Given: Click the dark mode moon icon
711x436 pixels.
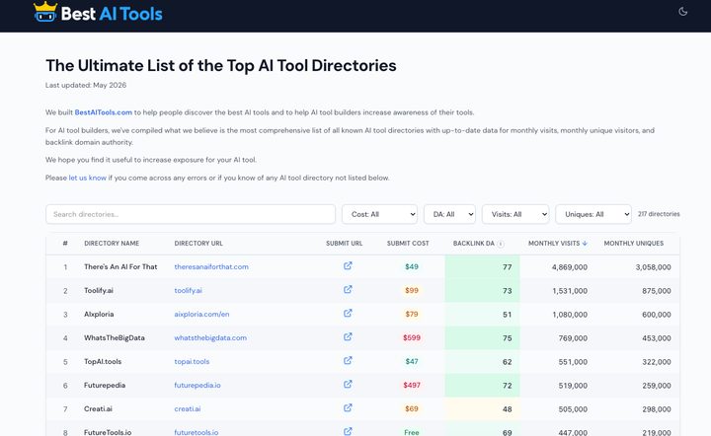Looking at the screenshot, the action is point(683,11).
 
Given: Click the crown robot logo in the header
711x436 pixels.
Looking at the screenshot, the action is point(45,12).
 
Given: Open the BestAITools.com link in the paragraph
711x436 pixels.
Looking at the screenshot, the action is point(104,112).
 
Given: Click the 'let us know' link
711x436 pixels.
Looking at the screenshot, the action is point(88,178).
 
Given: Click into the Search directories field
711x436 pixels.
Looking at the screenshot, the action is point(191,214).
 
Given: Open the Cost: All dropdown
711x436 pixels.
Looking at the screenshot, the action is point(379,214).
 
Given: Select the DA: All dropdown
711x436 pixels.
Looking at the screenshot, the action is point(449,214).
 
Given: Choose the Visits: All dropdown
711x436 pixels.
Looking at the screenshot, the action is point(515,214).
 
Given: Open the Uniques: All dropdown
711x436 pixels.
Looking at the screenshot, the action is point(593,214).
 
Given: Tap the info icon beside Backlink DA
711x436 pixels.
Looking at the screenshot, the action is point(501,244).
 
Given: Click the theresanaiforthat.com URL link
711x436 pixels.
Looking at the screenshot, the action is point(211,266).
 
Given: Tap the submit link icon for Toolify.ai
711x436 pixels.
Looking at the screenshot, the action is point(348,289).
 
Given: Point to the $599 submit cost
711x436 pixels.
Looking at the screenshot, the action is point(412,337).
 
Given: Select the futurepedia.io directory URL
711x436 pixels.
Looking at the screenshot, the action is point(197,386).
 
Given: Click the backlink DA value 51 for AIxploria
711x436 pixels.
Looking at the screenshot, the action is point(507,315).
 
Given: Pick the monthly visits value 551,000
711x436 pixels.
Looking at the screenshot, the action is point(573,362).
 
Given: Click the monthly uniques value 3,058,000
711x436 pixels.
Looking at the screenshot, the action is point(653,267).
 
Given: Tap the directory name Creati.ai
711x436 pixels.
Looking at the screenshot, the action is point(98,408).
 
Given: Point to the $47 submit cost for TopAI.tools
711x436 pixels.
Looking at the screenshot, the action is point(412,361).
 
